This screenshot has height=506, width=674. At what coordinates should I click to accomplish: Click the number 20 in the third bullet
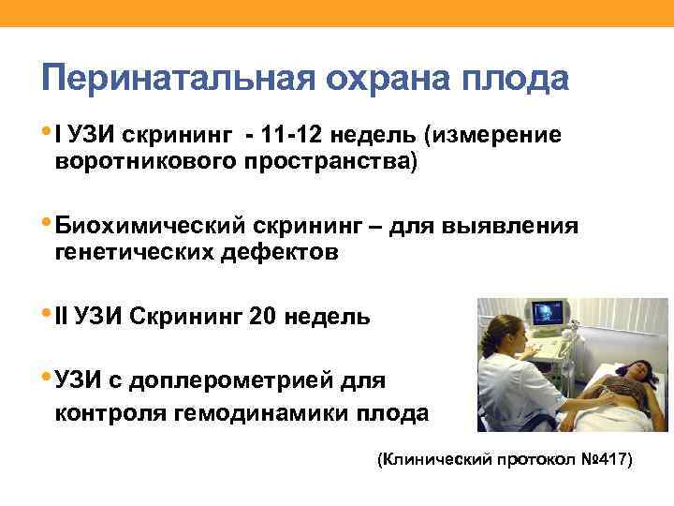(264, 318)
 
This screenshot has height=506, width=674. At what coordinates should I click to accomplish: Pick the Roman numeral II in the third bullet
(62, 318)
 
